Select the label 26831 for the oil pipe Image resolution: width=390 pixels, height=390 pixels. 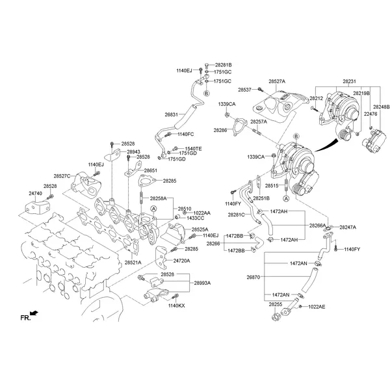tap(171, 114)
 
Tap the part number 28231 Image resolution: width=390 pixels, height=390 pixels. tap(350, 82)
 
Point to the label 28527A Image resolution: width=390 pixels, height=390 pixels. tap(277, 82)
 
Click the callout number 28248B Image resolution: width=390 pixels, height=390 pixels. tap(381, 106)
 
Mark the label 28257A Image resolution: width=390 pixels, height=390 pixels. tap(259, 122)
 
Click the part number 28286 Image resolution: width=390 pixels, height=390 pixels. tap(220, 130)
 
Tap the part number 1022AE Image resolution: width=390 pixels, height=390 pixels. tap(317, 306)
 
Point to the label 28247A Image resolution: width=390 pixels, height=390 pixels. tap(348, 227)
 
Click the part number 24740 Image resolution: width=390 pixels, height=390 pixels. tap(35, 193)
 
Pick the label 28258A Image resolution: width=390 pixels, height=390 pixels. tap(159, 198)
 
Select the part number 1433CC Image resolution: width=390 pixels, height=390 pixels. tap(195, 218)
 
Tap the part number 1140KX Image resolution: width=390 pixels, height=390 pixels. tap(176, 305)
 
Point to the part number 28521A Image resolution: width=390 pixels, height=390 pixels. tap(133, 262)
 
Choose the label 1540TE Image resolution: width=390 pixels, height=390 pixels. tap(193, 148)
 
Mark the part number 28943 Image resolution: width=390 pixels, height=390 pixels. tap(133, 151)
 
